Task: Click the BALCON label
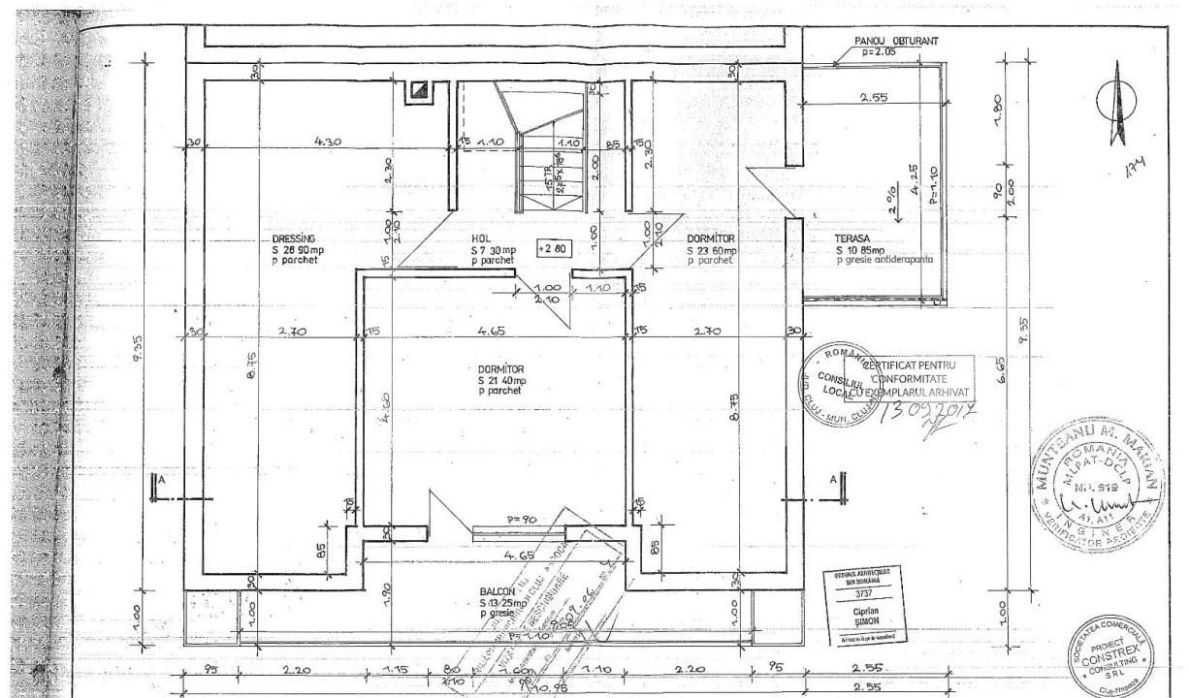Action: pos(498,591)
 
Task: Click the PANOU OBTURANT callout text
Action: pos(896,41)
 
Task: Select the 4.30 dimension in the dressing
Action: pos(327,142)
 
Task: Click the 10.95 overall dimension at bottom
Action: pos(550,687)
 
